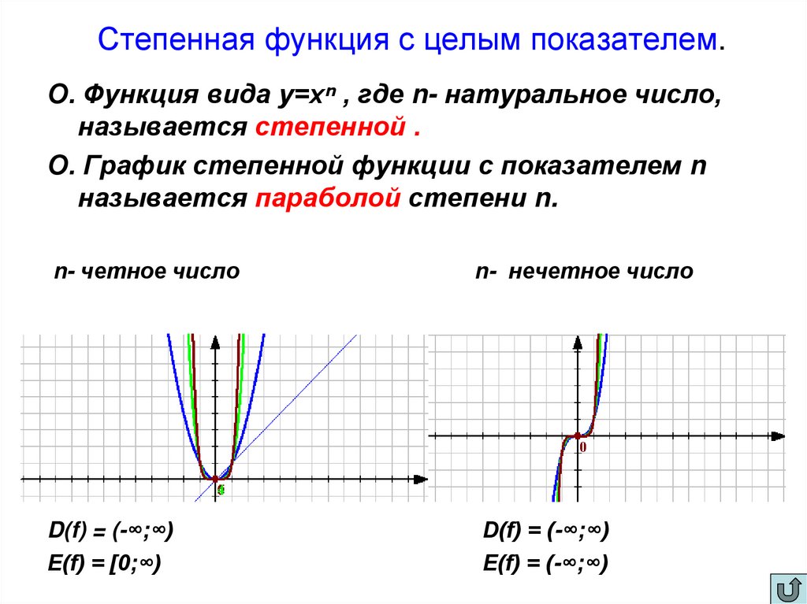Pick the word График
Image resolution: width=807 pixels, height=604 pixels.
pyautogui.click(x=137, y=167)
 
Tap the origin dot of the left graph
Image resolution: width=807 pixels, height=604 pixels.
pyautogui.click(x=215, y=478)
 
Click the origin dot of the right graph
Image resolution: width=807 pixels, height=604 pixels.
pyautogui.click(x=577, y=435)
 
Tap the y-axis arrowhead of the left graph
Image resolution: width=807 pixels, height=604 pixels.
pyautogui.click(x=215, y=341)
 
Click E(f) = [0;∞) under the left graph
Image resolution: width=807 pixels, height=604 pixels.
pyautogui.click(x=105, y=563)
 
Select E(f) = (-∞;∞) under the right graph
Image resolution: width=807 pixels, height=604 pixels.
pyautogui.click(x=545, y=563)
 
